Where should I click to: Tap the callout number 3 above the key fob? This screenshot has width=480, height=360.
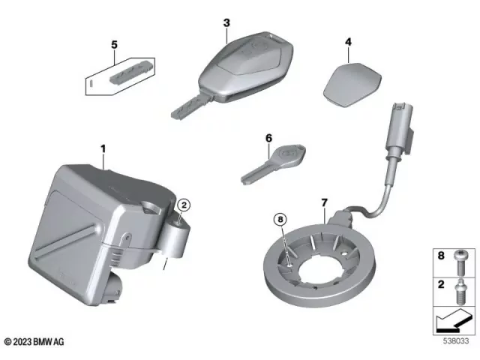(x=226, y=23)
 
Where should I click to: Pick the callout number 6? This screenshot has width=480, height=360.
(x=267, y=138)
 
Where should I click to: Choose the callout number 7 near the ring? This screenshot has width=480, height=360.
(x=324, y=202)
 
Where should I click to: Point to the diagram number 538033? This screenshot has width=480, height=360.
(x=452, y=342)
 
